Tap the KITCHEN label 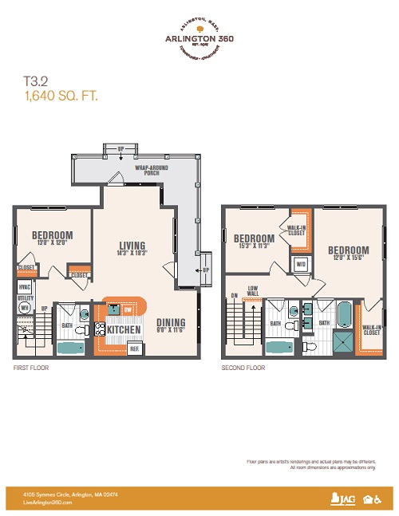[124, 330]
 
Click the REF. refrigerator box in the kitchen [135, 348]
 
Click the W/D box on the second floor [302, 263]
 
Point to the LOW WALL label [252, 292]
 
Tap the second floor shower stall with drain [344, 341]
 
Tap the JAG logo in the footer [342, 499]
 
